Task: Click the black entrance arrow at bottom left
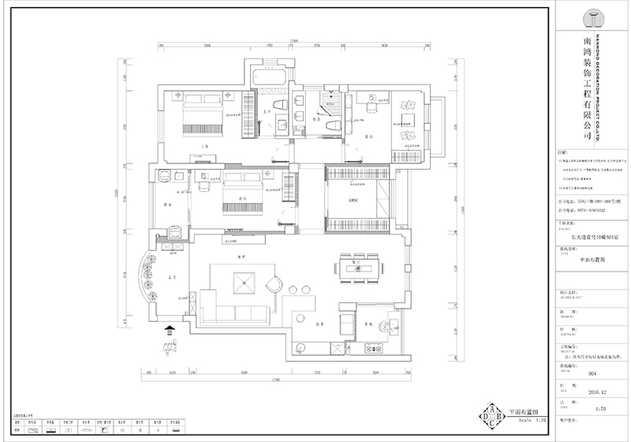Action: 170,331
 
